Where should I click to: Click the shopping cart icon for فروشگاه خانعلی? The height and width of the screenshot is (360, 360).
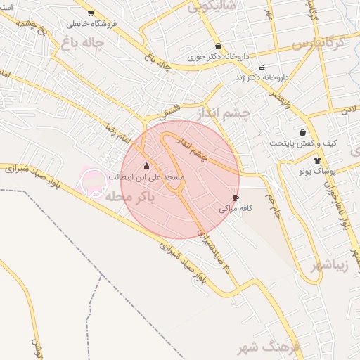click(x=90, y=13)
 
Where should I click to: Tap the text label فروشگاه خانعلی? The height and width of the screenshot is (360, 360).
click(x=90, y=24)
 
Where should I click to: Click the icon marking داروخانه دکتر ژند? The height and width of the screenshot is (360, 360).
click(x=262, y=68)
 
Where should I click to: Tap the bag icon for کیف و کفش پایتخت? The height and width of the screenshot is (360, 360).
click(x=302, y=132)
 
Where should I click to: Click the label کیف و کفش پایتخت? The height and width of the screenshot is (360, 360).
click(x=303, y=143)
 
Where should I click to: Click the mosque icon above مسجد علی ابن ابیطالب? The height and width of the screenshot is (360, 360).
click(x=146, y=167)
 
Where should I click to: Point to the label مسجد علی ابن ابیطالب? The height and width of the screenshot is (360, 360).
click(x=146, y=178)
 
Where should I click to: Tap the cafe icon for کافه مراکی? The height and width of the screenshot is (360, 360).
click(x=235, y=198)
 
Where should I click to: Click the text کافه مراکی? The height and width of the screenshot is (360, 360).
click(x=235, y=209)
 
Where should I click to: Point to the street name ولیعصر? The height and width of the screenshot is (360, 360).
click(x=280, y=99)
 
